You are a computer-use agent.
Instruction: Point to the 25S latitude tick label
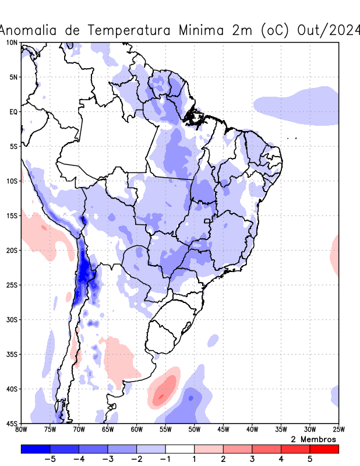[12, 285]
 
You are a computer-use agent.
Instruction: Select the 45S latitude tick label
[12, 423]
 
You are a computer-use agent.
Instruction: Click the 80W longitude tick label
[22, 429]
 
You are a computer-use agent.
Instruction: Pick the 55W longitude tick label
[165, 429]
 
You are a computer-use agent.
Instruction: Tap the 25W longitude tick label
[338, 429]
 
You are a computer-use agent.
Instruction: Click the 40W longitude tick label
[252, 429]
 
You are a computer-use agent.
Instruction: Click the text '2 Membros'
[313, 439]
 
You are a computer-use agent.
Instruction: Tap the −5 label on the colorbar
[50, 459]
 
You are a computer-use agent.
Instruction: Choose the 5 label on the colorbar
[310, 459]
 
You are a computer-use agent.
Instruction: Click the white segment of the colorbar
[180, 449]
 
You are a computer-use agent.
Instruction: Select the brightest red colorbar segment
[324, 449]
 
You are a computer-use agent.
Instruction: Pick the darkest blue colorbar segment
[36, 449]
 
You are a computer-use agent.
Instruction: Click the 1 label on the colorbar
[195, 459]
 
